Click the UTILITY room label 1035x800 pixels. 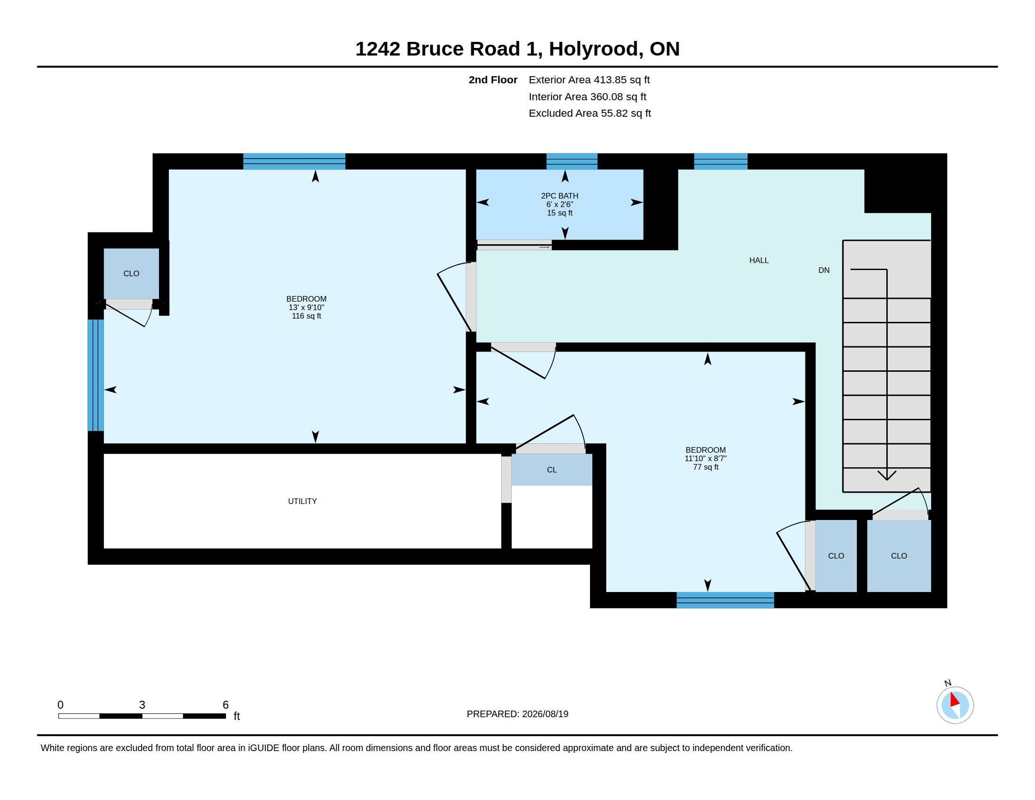(303, 501)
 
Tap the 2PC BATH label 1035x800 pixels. (560, 196)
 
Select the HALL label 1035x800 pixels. (759, 260)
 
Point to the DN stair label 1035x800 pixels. (824, 270)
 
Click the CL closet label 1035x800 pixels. (552, 470)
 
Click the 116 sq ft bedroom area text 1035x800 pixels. (306, 316)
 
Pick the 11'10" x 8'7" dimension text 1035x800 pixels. (706, 458)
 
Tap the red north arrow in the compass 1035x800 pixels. (955, 700)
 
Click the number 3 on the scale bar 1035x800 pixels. (142, 705)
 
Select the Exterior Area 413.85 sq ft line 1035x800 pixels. (589, 80)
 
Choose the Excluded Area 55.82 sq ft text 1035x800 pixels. (589, 113)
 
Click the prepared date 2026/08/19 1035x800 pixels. (545, 714)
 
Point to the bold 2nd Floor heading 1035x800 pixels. (493, 80)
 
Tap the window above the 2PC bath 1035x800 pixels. (572, 161)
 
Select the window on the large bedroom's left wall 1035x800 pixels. (96, 376)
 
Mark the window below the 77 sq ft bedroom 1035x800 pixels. (725, 600)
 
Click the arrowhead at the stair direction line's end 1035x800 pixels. (887, 475)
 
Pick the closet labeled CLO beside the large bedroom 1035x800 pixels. (131, 274)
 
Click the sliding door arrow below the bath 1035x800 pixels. (544, 247)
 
